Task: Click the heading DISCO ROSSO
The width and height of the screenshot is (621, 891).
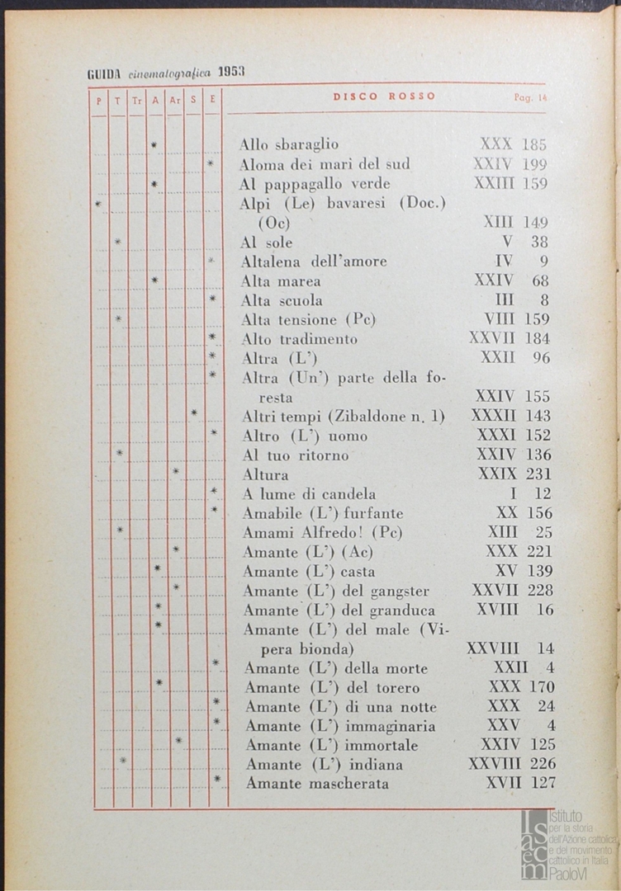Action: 384,97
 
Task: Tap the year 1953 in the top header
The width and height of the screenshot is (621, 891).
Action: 232,73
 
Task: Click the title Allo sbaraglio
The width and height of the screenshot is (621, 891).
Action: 289,144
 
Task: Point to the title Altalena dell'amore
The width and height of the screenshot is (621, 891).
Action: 314,262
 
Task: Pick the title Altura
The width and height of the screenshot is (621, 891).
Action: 265,474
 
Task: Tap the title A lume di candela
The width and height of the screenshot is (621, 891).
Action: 309,494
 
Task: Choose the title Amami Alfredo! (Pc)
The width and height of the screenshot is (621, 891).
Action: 323,532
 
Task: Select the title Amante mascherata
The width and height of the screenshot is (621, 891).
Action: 317,784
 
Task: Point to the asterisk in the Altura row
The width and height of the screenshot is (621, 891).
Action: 176,472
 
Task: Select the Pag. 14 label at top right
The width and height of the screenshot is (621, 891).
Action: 529,97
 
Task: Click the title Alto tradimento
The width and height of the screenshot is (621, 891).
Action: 300,339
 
